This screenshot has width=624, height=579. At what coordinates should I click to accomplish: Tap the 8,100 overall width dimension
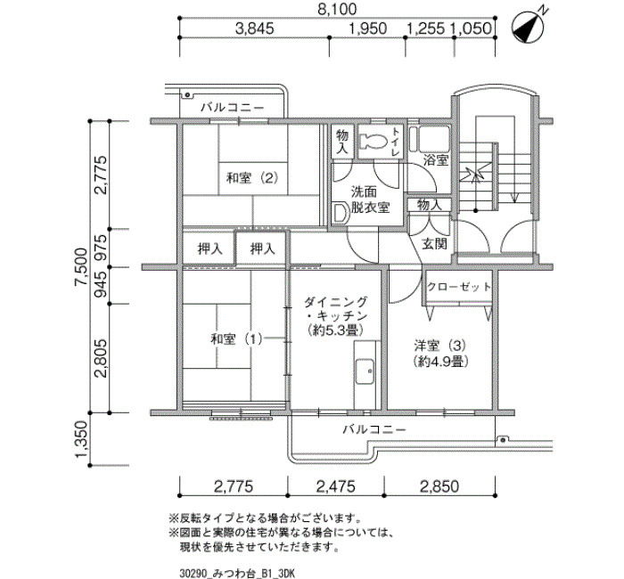(x=337, y=9)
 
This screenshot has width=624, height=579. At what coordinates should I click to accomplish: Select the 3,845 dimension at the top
(x=255, y=29)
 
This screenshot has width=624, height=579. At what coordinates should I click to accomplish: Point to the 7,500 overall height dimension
(x=82, y=266)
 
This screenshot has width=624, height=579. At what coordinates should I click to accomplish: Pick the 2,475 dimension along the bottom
(x=335, y=486)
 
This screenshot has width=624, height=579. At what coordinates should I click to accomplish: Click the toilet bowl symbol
(x=374, y=142)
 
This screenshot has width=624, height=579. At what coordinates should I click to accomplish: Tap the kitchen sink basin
(x=365, y=371)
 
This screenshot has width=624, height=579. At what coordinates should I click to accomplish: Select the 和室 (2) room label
(x=252, y=178)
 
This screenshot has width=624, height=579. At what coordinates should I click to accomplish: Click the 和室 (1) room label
(x=236, y=339)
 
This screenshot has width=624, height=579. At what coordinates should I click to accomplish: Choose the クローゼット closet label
(x=459, y=287)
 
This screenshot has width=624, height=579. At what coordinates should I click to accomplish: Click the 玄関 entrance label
(x=435, y=244)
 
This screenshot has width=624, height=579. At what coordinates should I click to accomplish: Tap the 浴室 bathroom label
(x=436, y=160)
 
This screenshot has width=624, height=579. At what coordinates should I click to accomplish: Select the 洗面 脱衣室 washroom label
(x=370, y=200)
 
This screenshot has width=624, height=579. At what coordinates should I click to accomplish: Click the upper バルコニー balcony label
(x=232, y=108)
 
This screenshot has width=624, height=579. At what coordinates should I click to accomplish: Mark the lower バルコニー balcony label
(x=374, y=429)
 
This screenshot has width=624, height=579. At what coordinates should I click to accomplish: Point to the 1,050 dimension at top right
(x=471, y=29)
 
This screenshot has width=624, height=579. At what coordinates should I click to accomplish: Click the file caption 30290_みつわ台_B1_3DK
(x=237, y=574)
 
